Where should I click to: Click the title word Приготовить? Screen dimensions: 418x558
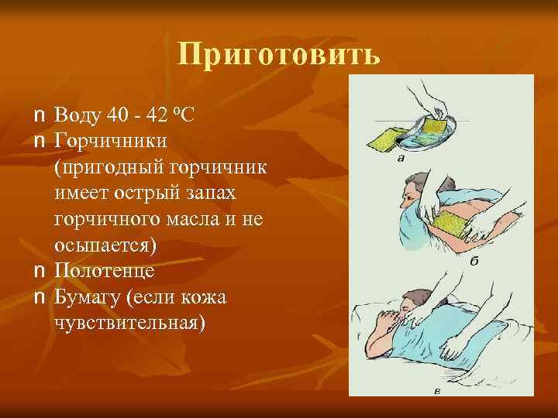coord(278,55)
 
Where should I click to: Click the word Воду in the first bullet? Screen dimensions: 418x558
coord(79,116)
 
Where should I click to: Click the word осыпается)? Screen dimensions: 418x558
coord(105,245)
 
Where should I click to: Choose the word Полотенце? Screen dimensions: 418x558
coord(105,271)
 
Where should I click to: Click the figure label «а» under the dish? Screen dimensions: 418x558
coord(401,160)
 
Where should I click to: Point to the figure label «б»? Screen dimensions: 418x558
coord(474,262)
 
